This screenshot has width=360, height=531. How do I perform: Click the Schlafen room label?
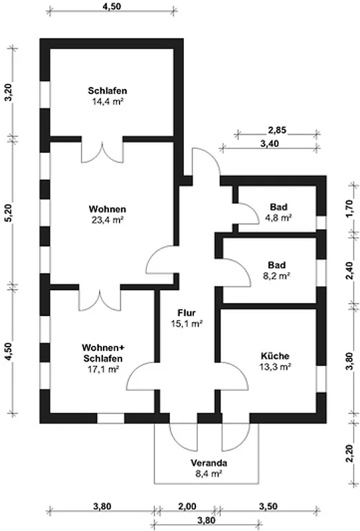(x=108, y=91)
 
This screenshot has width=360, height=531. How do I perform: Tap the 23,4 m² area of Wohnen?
(x=107, y=220)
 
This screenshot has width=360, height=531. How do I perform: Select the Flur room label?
(x=187, y=313)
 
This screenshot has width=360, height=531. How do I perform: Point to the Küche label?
(x=275, y=356)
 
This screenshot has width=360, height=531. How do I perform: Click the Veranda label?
(x=209, y=463)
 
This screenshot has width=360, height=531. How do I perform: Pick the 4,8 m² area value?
(x=279, y=218)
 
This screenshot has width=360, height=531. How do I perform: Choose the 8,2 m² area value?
(x=276, y=275)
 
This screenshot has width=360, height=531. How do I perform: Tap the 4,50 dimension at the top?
(x=112, y=6)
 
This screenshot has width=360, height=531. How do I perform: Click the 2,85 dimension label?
(x=277, y=129)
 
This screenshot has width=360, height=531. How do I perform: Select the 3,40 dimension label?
(x=270, y=143)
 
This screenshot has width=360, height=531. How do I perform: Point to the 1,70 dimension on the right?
(x=351, y=209)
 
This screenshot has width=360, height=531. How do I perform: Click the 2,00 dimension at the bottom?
(x=187, y=506)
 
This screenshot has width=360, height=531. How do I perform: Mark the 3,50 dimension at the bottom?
(x=268, y=506)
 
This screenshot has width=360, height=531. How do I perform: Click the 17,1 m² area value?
(x=103, y=369)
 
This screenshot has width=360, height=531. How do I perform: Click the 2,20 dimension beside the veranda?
(x=351, y=454)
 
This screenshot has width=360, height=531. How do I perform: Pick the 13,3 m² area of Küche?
(x=276, y=366)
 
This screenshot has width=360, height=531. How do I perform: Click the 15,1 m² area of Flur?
(x=187, y=323)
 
